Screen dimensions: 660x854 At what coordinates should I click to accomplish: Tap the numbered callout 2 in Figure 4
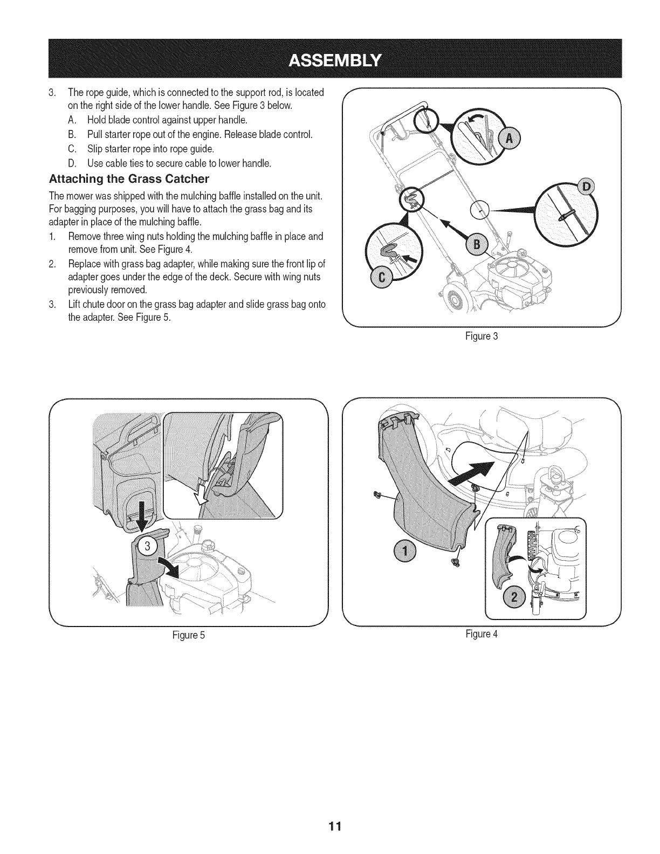click(x=514, y=598)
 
